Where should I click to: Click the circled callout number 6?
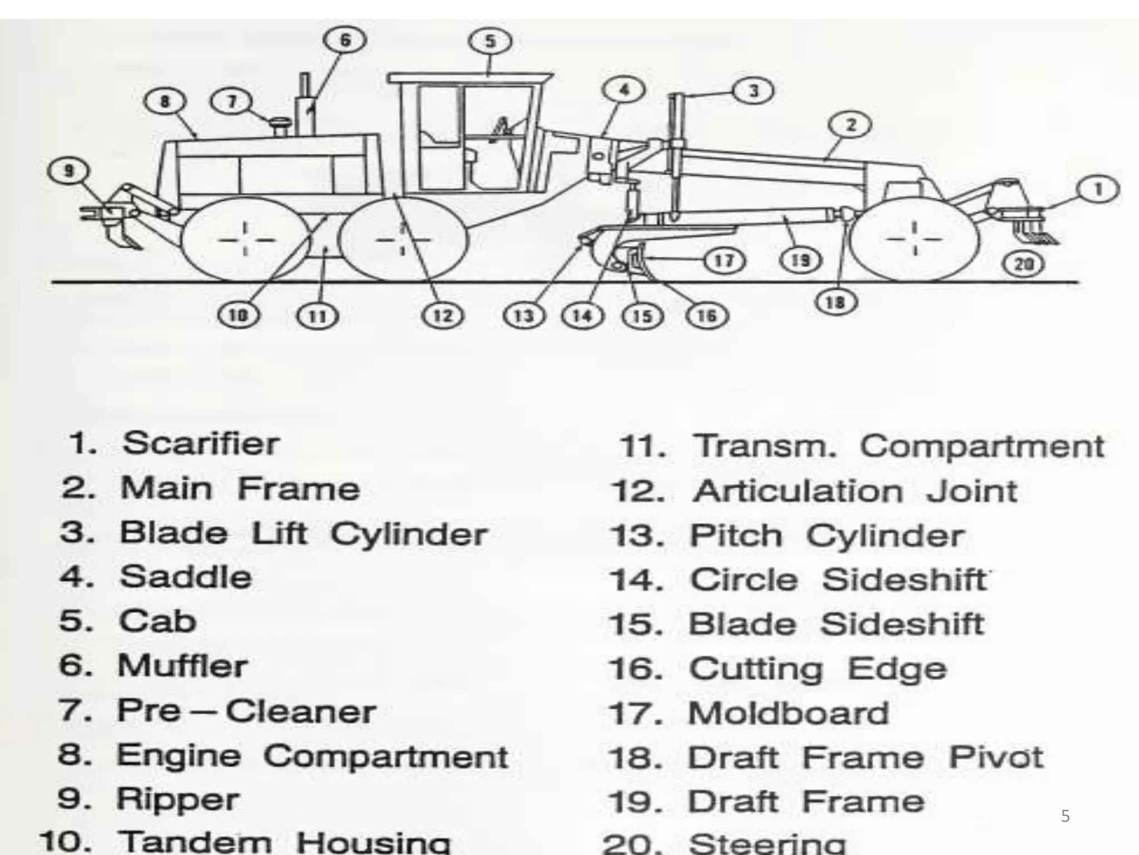coord(345,41)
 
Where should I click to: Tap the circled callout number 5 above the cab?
coord(490,41)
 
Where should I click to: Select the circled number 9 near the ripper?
coord(68,170)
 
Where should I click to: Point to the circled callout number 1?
coord(1098,190)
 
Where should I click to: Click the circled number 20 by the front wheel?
coord(1024,264)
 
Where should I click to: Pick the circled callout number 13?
coord(524,316)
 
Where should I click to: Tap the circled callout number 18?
coord(835,302)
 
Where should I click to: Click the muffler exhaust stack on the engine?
coord(305,106)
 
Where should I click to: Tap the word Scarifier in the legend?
coord(201,444)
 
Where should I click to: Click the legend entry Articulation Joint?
coord(855,492)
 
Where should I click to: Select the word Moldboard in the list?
coord(788,714)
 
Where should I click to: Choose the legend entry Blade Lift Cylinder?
coord(303,533)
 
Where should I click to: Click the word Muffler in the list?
coord(182,666)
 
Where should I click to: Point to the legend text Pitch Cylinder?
coord(826,535)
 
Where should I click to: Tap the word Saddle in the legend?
coord(185,577)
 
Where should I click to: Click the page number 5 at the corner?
coord(1065,816)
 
